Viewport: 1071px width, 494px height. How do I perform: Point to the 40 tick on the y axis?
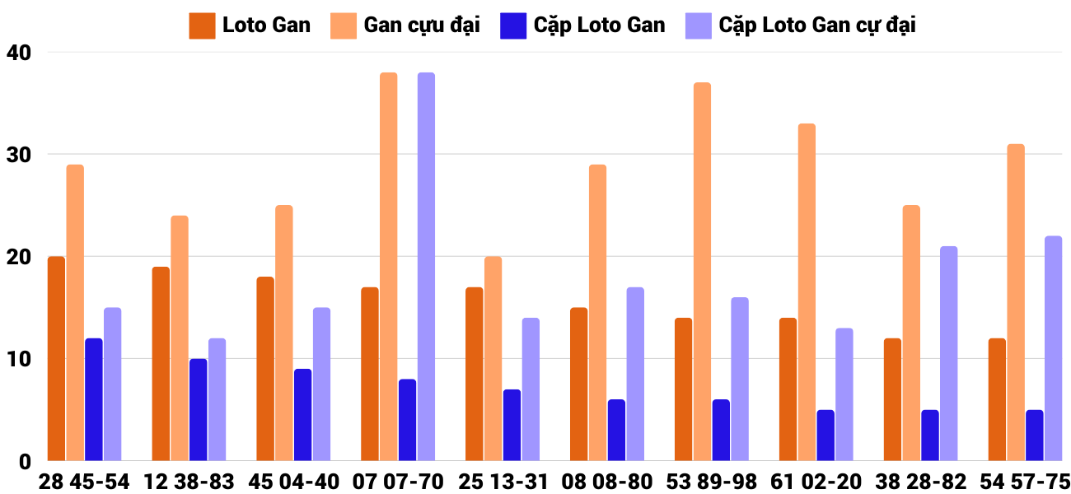pos(17,53)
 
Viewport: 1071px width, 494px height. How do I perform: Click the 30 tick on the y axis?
pos(17,155)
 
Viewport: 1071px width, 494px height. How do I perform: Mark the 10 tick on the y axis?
pos(17,359)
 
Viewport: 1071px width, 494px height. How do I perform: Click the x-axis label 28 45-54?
pos(84,482)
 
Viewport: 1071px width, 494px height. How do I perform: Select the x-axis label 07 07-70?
pos(398,482)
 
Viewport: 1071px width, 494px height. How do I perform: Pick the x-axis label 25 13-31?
pos(503,482)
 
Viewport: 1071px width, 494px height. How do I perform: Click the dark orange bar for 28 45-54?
pos(56,359)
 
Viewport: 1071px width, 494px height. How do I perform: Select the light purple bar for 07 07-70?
pos(426,267)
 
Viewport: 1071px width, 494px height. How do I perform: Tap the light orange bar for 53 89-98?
pos(702,272)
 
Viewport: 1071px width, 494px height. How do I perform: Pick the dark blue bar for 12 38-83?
pos(198,410)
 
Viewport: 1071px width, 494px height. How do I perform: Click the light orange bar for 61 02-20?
pos(807,292)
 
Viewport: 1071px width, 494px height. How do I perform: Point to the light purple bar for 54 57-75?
pos(1053,348)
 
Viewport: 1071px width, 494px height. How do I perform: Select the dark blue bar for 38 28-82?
pos(930,436)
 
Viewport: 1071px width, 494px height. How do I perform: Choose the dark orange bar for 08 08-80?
pos(579,384)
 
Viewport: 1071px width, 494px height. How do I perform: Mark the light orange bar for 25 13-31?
pos(493,359)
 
